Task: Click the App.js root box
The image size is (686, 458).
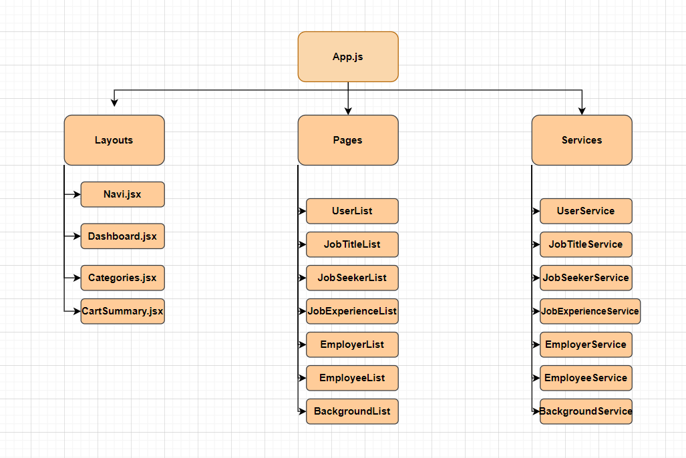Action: pos(348,57)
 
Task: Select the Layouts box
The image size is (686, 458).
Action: pos(114,140)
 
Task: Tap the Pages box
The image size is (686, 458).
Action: pos(348,140)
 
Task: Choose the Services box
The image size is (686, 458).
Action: pos(582,140)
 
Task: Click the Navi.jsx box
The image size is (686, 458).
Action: pos(122,194)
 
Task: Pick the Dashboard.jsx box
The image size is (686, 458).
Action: pos(122,236)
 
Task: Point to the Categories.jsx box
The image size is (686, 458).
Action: pos(122,278)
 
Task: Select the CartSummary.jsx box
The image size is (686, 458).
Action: pos(122,311)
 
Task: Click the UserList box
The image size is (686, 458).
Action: pos(352,211)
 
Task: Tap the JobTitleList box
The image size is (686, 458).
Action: pos(352,244)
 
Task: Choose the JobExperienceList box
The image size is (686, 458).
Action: pos(352,311)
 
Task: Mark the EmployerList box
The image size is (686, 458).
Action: pos(352,345)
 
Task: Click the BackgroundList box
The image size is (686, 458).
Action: pos(352,411)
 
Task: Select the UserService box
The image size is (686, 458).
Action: pos(586,211)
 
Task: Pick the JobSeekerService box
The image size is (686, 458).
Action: pos(586,278)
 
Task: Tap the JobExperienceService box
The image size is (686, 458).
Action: pos(590,311)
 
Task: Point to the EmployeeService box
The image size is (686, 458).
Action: pos(586,378)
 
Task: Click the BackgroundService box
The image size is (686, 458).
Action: pos(586,411)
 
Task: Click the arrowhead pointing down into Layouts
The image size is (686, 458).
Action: pos(114,103)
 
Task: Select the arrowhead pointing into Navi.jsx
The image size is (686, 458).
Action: pos(77,194)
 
